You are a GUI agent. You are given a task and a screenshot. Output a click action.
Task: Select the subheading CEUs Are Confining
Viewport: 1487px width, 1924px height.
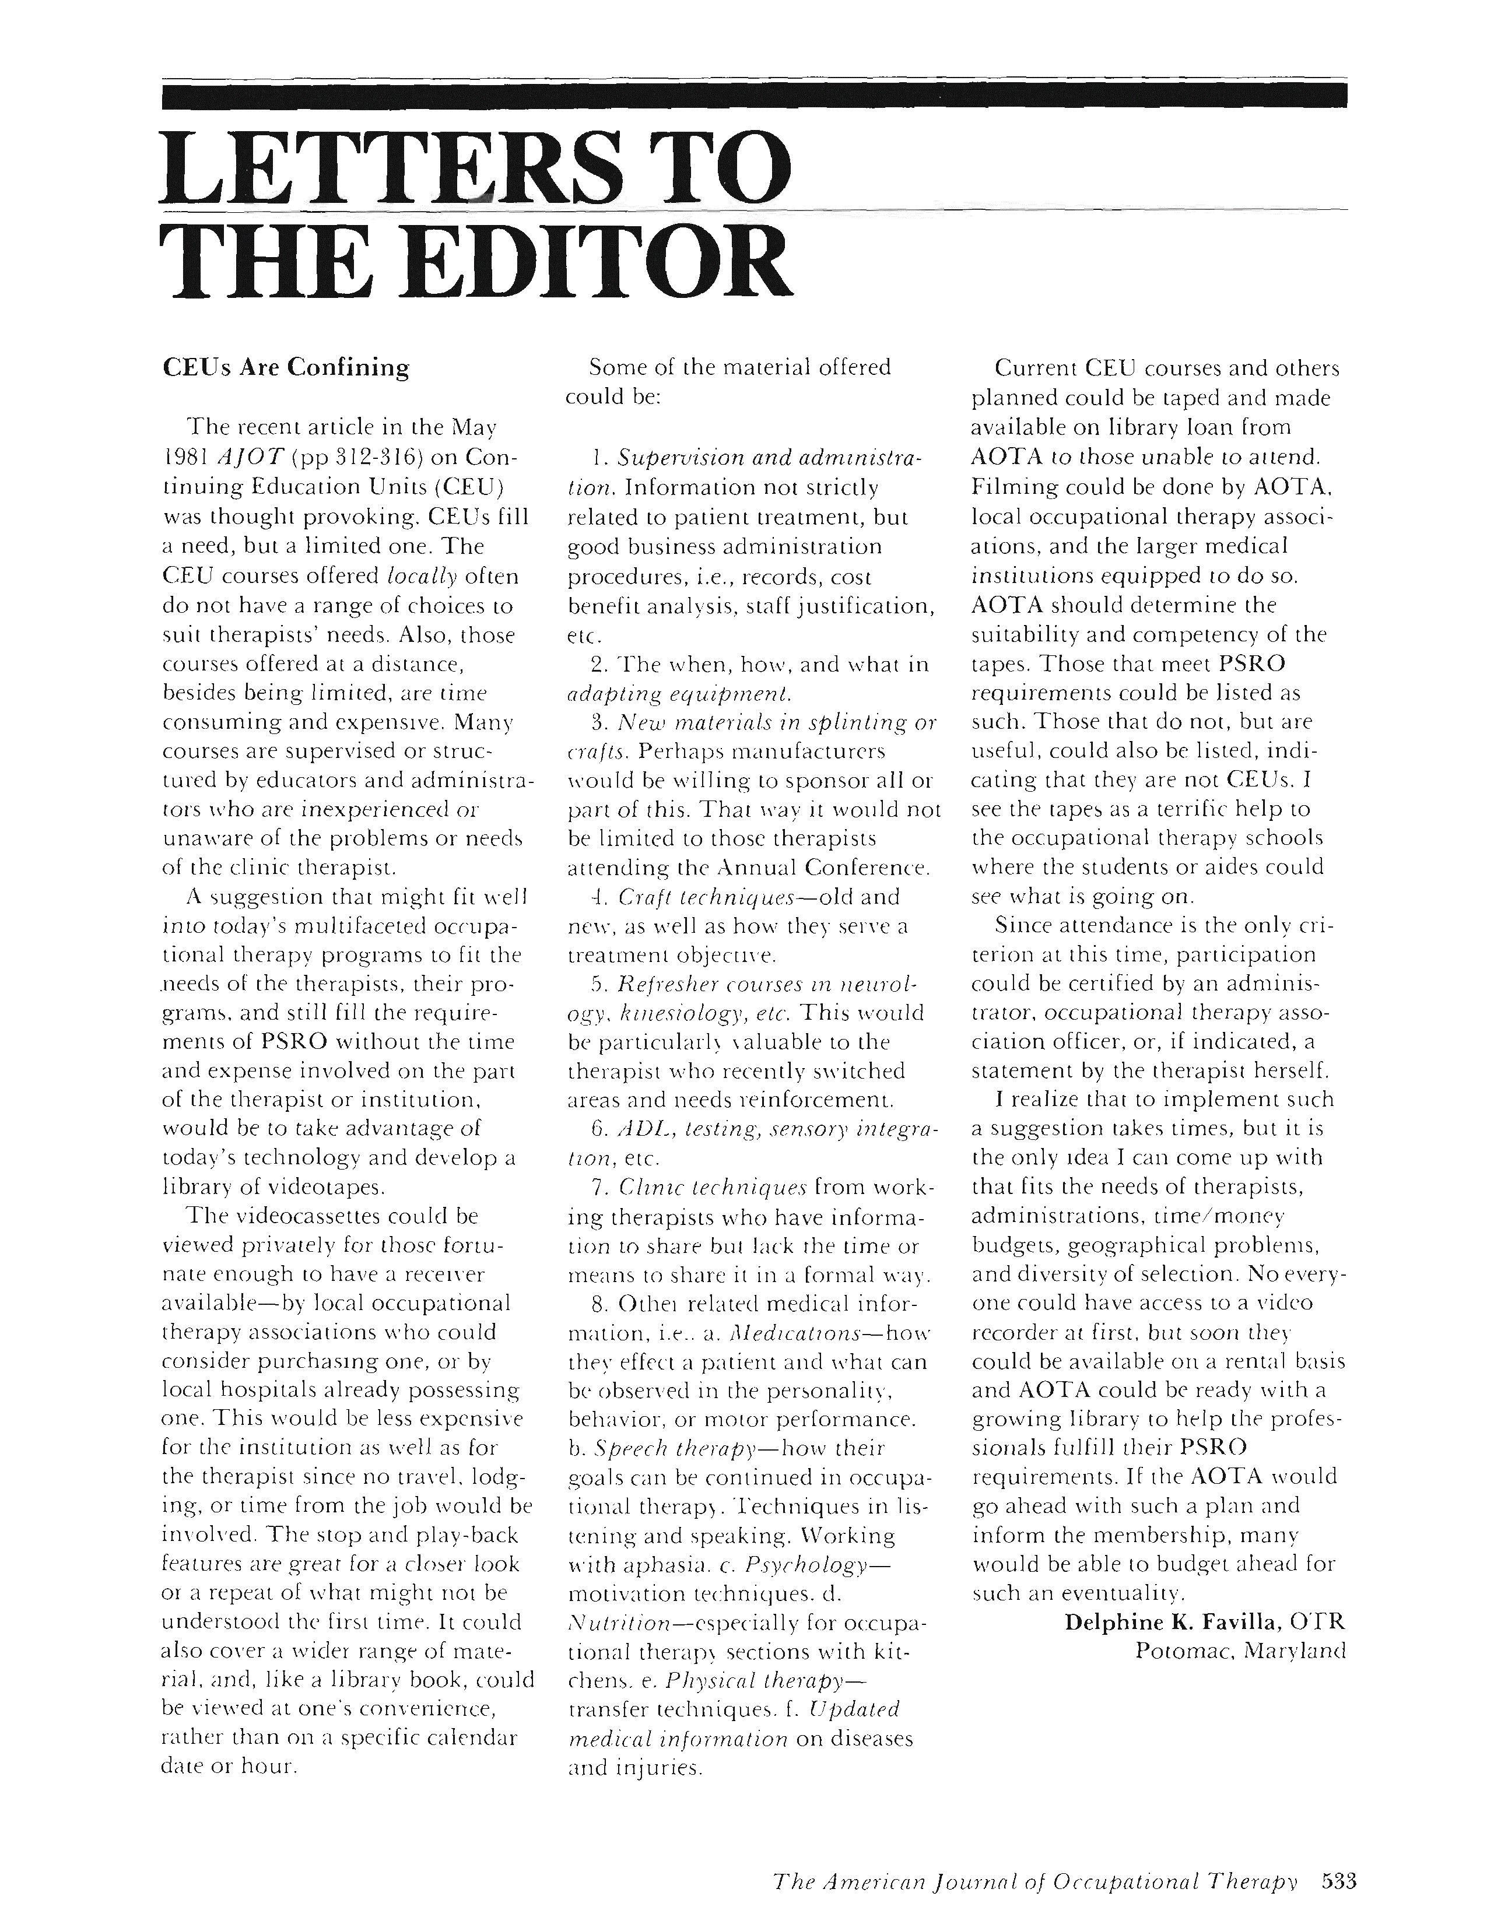287,367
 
